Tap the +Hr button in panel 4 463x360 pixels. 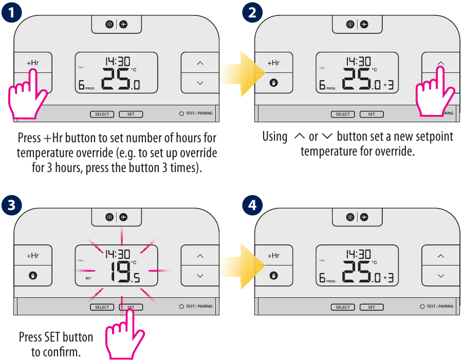coord(273,255)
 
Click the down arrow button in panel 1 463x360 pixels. coord(200,82)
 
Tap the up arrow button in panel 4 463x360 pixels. coord(440,255)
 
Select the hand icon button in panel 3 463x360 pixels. coord(33,276)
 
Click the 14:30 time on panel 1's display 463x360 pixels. coord(117,61)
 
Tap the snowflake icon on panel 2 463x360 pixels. coord(349,24)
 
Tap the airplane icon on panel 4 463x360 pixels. coord(364,217)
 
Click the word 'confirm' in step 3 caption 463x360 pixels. coord(63,352)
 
